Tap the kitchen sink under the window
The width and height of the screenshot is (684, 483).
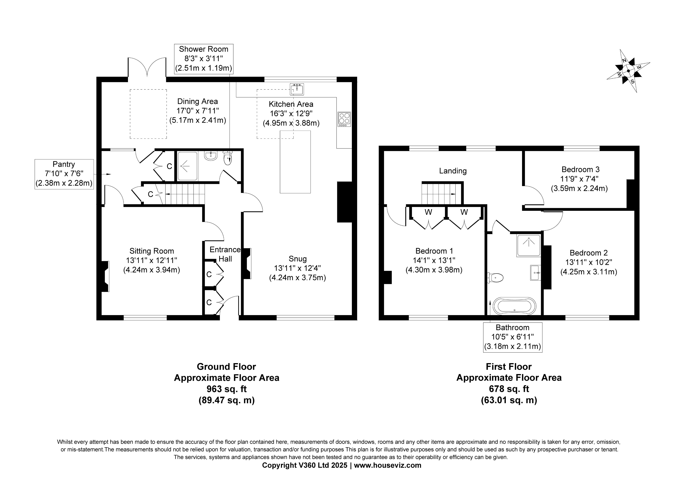pos(297,89)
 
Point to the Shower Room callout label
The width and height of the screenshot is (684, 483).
pos(203,59)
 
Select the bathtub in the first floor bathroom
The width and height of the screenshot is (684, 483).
pos(514,306)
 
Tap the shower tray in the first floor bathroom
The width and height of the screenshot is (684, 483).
pos(528,245)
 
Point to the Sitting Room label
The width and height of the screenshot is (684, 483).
pos(152,251)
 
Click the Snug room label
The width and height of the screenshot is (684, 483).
pos(297,259)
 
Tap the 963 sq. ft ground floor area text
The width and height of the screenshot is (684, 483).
pos(226,389)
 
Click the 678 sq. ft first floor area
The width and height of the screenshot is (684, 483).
pos(509,389)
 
